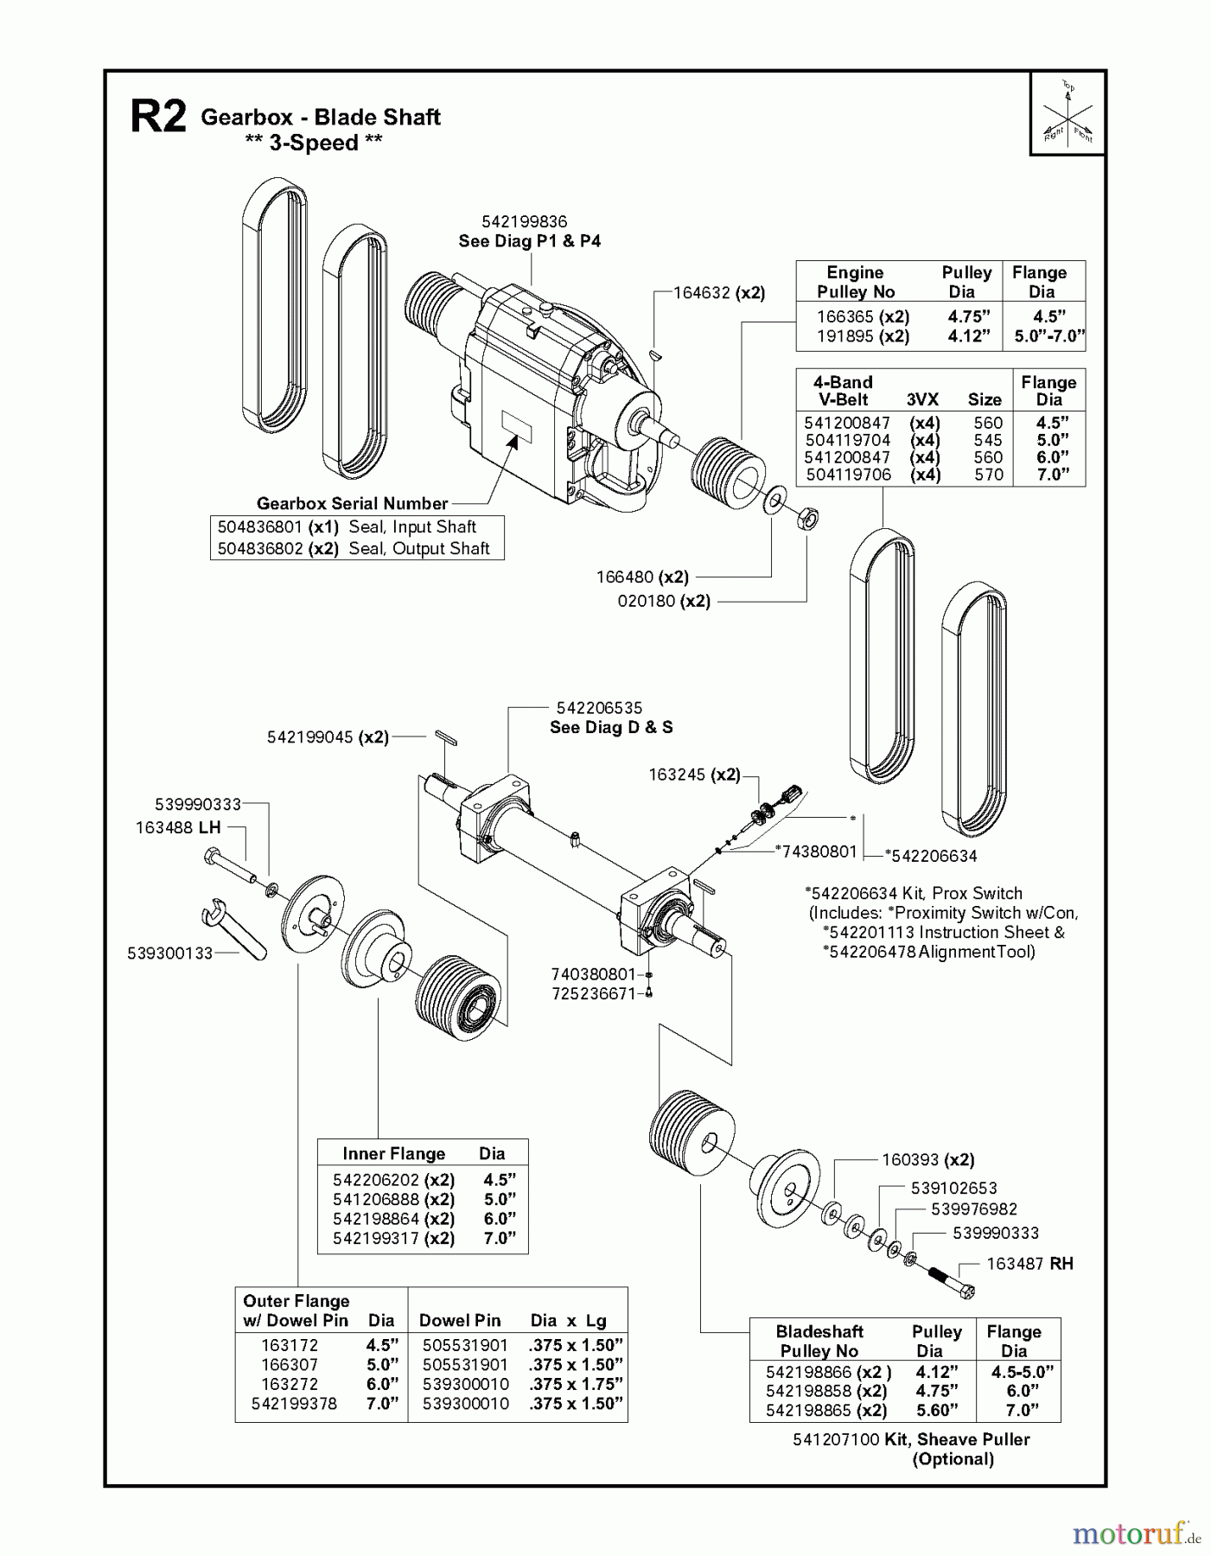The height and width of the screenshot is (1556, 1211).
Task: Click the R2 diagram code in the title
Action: (x=158, y=117)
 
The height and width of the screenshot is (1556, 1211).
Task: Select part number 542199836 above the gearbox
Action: (x=524, y=222)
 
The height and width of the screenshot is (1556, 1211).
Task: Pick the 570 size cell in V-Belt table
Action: (x=987, y=475)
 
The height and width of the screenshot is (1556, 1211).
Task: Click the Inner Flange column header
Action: (x=393, y=1153)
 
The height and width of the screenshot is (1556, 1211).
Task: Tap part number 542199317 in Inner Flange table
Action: (x=375, y=1238)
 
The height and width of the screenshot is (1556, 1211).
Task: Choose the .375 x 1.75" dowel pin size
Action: (x=576, y=1384)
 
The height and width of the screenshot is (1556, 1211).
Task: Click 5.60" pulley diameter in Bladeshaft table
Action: (x=937, y=1410)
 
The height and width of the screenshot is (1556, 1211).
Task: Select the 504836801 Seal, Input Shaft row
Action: (x=357, y=527)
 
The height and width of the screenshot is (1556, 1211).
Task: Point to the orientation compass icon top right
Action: (x=1068, y=114)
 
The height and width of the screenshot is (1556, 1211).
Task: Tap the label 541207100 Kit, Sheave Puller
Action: (x=910, y=1439)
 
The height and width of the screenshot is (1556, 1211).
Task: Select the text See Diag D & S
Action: (x=611, y=727)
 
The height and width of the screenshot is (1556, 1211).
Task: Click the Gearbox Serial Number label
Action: (x=352, y=503)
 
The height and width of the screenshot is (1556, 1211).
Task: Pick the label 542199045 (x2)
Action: (x=328, y=737)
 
